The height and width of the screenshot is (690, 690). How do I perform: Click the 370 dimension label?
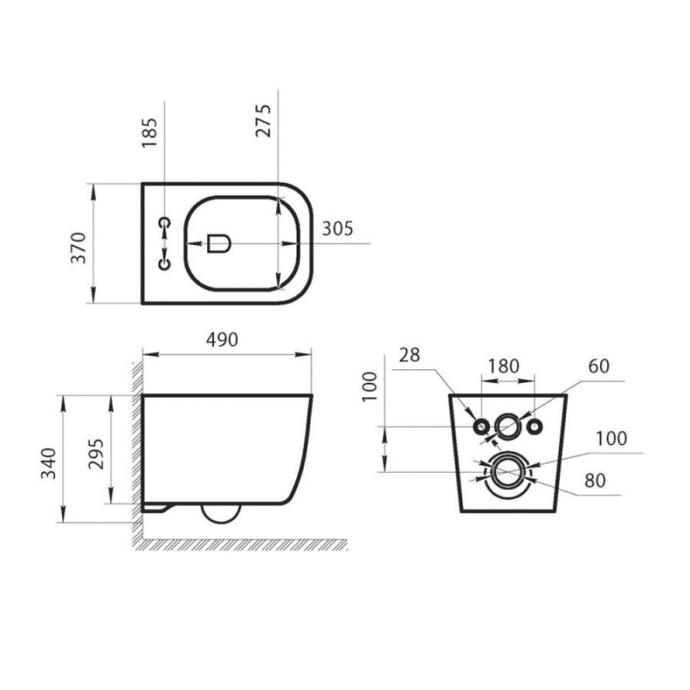click(78, 248)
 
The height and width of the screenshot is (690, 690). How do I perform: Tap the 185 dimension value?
click(149, 133)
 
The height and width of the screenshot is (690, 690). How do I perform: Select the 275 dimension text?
click(263, 121)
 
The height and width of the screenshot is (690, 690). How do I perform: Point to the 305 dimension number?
click(337, 229)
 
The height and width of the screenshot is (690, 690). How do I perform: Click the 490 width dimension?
click(223, 340)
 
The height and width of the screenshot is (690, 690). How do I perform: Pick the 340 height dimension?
click(48, 463)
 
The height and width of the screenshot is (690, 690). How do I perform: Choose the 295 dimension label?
click(96, 455)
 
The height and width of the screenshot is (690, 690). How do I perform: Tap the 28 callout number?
click(410, 355)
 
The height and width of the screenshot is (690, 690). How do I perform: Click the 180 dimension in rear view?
click(504, 366)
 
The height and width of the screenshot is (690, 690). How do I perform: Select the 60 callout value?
click(599, 366)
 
